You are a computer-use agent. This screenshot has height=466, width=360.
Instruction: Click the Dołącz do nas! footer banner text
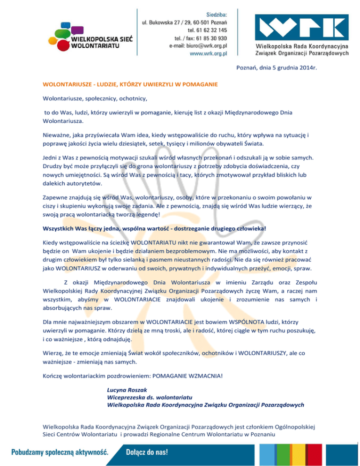pos(147,453)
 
